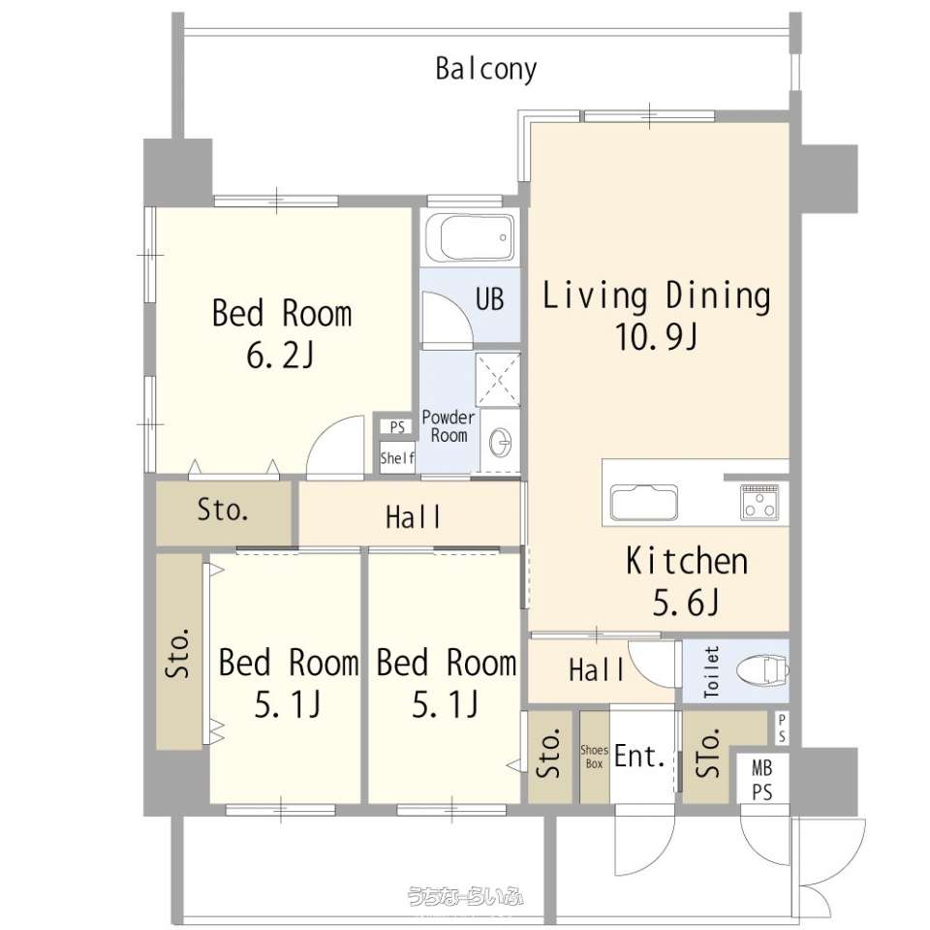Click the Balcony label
click(485, 70)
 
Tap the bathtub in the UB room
click(477, 236)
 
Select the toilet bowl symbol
click(762, 670)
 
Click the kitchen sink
click(643, 504)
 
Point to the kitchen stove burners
click(759, 503)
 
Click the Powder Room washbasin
click(500, 442)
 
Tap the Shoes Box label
click(594, 757)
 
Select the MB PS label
click(762, 781)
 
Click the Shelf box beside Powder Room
click(397, 457)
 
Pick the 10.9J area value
click(656, 337)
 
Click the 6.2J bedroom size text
click(280, 356)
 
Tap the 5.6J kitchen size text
click(686, 603)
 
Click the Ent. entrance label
click(639, 756)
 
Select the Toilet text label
click(711, 671)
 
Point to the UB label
click(489, 299)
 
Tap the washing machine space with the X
click(498, 380)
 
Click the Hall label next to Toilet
click(596, 670)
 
